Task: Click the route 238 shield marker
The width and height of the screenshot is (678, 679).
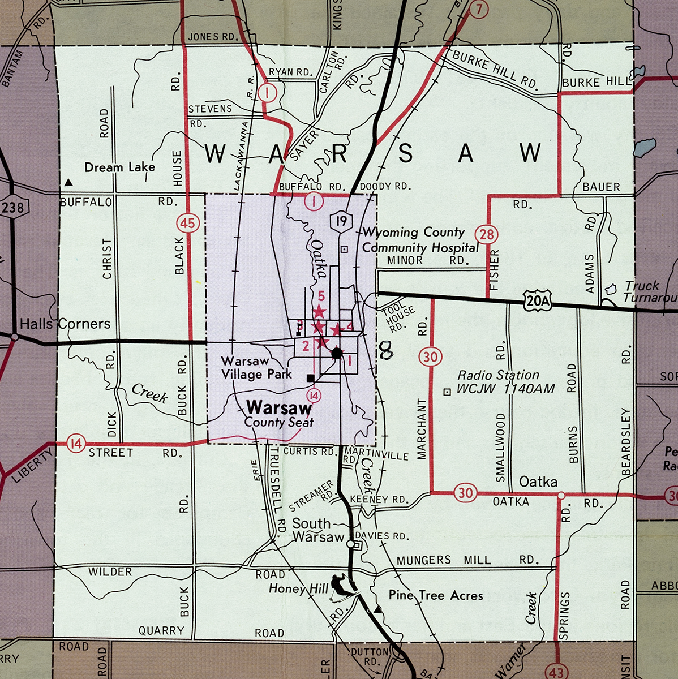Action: [x=12, y=208]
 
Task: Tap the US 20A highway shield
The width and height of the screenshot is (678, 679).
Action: [x=537, y=300]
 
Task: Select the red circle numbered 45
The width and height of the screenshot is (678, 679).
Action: [x=187, y=223]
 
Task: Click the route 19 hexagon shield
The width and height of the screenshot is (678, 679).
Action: [x=341, y=221]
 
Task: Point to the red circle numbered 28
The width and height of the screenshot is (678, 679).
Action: [x=487, y=234]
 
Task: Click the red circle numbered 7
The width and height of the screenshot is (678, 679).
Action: [x=479, y=9]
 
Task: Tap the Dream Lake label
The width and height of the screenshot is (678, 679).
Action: [x=119, y=167]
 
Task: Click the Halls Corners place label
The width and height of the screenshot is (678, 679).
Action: [x=65, y=324]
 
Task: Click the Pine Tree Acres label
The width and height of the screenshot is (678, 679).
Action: [x=436, y=595]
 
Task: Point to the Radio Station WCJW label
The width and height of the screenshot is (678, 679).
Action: [x=498, y=382]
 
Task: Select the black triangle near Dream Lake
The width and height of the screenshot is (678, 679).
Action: [x=68, y=182]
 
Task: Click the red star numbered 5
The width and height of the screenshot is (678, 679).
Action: [x=319, y=310]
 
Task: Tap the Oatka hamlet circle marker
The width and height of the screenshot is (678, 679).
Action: [x=561, y=496]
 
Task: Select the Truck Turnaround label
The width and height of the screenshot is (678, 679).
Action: [x=648, y=291]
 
